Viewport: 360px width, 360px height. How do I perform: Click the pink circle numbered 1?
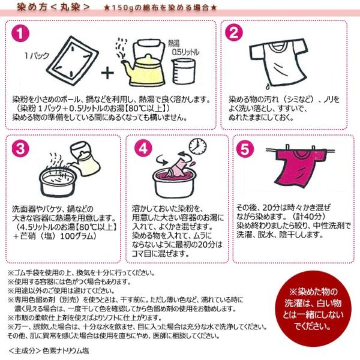pyautogui.click(x=20, y=34)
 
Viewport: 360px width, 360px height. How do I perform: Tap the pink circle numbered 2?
pyautogui.click(x=234, y=32)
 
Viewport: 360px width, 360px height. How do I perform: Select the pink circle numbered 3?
pyautogui.click(x=20, y=148)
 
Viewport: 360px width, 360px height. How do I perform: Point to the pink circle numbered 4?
pyautogui.click(x=143, y=148)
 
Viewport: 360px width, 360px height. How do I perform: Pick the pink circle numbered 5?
pyautogui.click(x=245, y=149)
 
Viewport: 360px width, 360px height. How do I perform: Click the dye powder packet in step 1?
pyautogui.click(x=73, y=61)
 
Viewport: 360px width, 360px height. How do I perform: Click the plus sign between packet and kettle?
pyautogui.click(x=107, y=73)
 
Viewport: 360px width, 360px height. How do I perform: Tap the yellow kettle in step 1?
pyautogui.click(x=143, y=63)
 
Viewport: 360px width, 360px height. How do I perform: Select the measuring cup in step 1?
pyautogui.click(x=184, y=71)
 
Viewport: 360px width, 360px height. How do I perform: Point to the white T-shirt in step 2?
pyautogui.click(x=278, y=62)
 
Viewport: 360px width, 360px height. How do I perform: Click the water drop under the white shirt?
pyautogui.click(x=268, y=86)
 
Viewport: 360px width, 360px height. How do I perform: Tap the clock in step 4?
pyautogui.click(x=197, y=146)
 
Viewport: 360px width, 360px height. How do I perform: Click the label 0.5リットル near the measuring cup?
pyautogui.click(x=185, y=52)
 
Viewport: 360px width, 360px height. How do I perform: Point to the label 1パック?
pyautogui.click(x=37, y=56)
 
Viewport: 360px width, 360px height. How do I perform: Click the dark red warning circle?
pyautogui.click(x=313, y=309)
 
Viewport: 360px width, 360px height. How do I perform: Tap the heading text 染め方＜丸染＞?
pyautogui.click(x=53, y=7)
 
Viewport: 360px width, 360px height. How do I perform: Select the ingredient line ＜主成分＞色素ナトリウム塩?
pyautogui.click(x=49, y=350)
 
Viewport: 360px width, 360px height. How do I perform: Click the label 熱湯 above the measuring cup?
pyautogui.click(x=173, y=43)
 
